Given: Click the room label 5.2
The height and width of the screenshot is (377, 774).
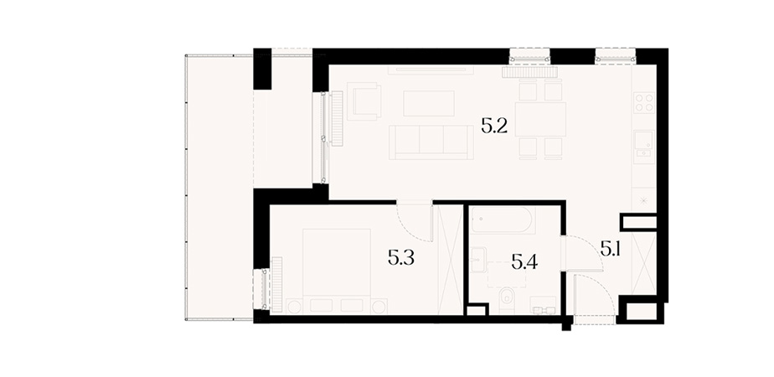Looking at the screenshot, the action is pos(494,127).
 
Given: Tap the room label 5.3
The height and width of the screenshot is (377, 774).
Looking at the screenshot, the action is pos(400,257).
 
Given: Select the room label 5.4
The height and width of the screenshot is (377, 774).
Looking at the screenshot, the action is pos(524,262).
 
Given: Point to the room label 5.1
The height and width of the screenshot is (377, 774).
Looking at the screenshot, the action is pos(610,250).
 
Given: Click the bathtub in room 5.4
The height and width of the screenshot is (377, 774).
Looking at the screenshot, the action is pos(502,220).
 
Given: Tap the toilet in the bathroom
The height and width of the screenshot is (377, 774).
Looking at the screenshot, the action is pos(507,301).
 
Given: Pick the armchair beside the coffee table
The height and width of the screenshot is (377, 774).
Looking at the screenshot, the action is pos(364,101).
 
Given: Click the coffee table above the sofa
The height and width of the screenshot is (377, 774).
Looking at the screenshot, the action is pos(429,103).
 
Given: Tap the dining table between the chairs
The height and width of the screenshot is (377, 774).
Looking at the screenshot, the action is pos(540,119).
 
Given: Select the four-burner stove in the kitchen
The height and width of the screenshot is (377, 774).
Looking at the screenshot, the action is pos(644,102).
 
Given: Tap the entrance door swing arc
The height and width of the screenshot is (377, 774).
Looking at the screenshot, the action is pos(600,287).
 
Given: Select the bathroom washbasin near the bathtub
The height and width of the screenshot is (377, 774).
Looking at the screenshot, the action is pos(478,258).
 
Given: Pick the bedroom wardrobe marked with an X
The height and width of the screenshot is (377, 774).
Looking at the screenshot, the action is pos(449,259).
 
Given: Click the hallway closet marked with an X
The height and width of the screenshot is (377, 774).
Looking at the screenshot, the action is pos(644,261).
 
